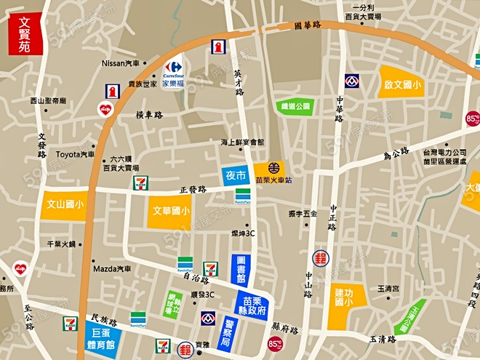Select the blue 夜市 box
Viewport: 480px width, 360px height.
point(235,175)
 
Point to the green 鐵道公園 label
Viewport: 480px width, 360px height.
point(295,106)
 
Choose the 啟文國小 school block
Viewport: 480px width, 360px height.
point(400,83)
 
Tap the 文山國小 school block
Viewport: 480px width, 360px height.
point(64,204)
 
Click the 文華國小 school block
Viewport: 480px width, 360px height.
point(171,211)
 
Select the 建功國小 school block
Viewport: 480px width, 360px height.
point(344,298)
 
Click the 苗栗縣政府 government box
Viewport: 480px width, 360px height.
point(252,305)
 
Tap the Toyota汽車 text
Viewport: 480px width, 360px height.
point(76,154)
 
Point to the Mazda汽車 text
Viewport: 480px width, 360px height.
point(112,268)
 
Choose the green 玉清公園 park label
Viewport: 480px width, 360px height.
point(410,318)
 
